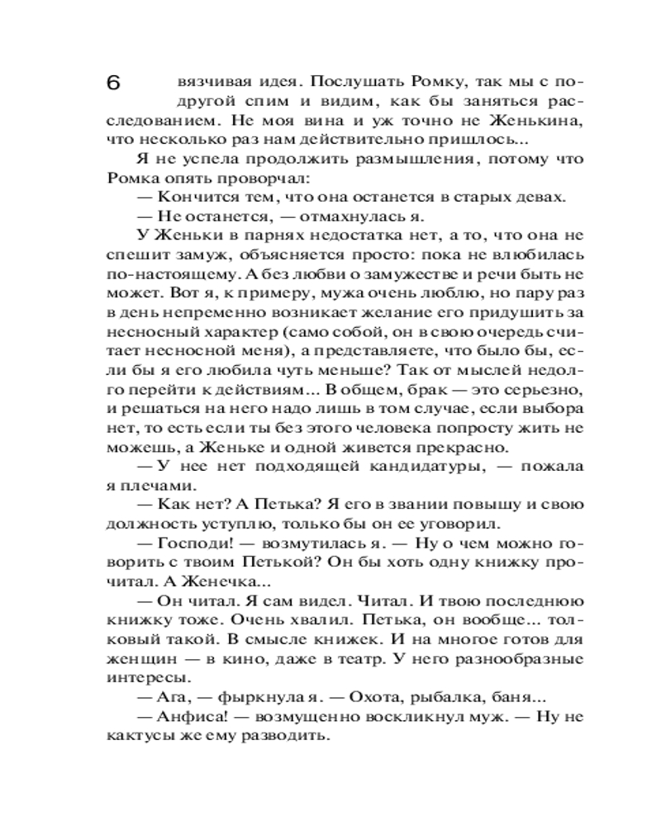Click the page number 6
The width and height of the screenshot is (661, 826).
[x=114, y=83]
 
